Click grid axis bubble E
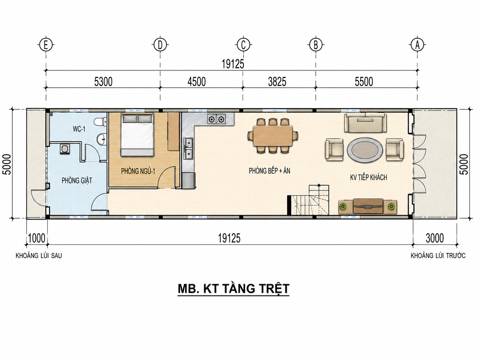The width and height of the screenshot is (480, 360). tap(46, 45)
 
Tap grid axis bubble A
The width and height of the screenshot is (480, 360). tap(417, 45)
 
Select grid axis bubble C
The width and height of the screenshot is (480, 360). tap(243, 45)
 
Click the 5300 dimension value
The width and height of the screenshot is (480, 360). tap(103, 82)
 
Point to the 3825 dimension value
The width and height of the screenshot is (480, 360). tap(277, 82)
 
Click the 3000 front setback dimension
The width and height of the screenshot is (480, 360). tap(435, 238)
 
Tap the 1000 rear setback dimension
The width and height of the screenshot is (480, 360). tap(37, 238)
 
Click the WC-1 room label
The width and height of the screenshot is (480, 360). tap(79, 129)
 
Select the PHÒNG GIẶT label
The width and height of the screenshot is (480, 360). tap(77, 181)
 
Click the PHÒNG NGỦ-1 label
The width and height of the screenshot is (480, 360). tap(138, 171)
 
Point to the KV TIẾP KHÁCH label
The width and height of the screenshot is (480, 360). tap(369, 177)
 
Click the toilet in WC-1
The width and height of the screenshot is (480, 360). tap(100, 122)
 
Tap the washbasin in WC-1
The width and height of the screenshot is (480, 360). tap(102, 139)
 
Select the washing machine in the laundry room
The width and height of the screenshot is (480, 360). tap(65, 149)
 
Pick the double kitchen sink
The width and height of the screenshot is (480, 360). tap(188, 149)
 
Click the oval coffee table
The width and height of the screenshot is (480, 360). tap(365, 150)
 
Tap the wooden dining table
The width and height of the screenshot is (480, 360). tap(273, 136)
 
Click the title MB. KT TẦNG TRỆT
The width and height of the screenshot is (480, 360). tap(233, 289)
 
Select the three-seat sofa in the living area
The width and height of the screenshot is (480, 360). tap(365, 122)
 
